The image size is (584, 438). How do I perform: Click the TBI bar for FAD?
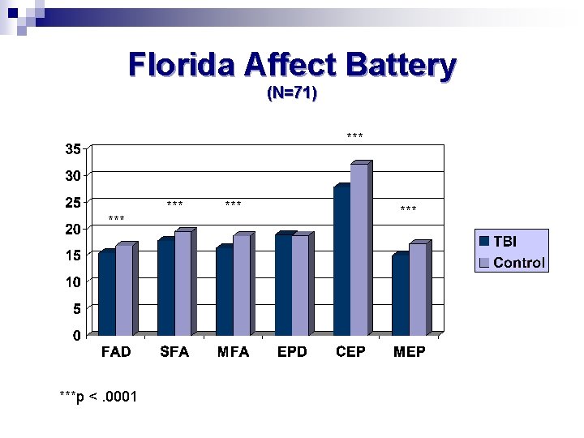coord(106,294)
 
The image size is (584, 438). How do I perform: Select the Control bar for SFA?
coord(182,284)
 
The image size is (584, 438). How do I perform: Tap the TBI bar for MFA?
coord(224,290)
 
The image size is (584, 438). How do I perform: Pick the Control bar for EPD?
coord(299,286)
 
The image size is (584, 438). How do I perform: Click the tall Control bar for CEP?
coord(359,250)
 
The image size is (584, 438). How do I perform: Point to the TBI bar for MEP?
coord(400,295)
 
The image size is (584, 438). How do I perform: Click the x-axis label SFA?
coord(175,352)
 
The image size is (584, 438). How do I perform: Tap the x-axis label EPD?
coord(292,352)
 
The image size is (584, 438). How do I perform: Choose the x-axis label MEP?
coord(410,352)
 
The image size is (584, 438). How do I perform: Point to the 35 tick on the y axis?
coord(73,149)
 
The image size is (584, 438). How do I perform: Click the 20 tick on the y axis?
coord(73,229)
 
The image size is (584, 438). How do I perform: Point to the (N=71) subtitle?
coord(292,93)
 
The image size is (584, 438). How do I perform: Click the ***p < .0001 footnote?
coord(98,396)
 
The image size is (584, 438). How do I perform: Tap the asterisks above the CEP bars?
coord(354,136)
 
